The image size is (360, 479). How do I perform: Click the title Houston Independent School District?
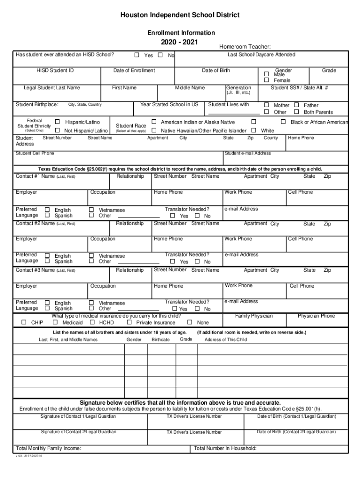click(180, 15)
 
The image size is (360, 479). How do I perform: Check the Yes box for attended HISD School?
click(137, 55)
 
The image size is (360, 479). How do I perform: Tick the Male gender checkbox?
click(266, 74)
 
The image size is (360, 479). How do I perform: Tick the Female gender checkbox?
click(266, 80)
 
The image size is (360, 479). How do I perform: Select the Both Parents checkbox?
click(296, 112)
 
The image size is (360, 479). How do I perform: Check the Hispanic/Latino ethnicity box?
click(58, 122)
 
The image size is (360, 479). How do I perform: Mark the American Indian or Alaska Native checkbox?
click(154, 122)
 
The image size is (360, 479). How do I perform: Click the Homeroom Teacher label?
click(245, 46)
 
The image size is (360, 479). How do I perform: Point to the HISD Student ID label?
click(55, 71)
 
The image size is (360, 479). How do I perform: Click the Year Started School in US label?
click(169, 105)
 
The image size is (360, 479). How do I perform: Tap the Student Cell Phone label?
click(35, 153)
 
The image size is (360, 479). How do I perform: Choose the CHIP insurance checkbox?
click(24, 322)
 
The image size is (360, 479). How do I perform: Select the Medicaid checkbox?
click(55, 322)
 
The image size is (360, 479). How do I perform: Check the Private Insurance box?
click(129, 322)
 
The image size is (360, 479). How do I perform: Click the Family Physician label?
click(254, 316)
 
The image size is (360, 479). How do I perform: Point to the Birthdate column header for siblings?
click(160, 340)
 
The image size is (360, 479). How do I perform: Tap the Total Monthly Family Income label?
click(49, 449)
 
